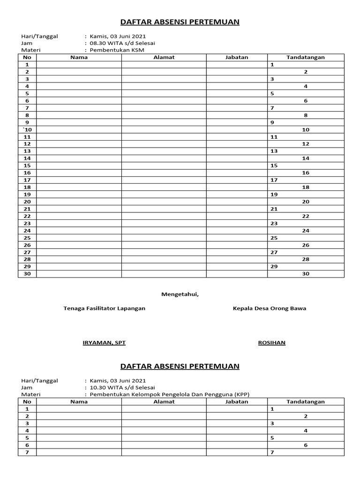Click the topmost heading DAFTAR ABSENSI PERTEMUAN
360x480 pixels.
click(180, 22)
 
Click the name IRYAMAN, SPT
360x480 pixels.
click(104, 343)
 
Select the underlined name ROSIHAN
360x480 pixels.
click(272, 343)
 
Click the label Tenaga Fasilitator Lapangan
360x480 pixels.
click(105, 308)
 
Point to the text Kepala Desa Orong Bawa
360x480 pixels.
click(270, 308)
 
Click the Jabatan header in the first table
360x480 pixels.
click(237, 57)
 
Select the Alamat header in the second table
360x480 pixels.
click(164, 402)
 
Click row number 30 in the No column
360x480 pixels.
click(27, 274)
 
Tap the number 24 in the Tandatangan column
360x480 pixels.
click(306, 231)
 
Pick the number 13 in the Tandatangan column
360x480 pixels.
click(274, 151)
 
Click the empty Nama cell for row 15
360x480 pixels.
click(79, 165)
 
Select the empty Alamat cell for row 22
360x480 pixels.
click(164, 216)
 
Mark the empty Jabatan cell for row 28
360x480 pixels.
click(237, 259)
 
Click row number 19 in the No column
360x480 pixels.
click(27, 195)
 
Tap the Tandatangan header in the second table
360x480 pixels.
click(306, 402)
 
